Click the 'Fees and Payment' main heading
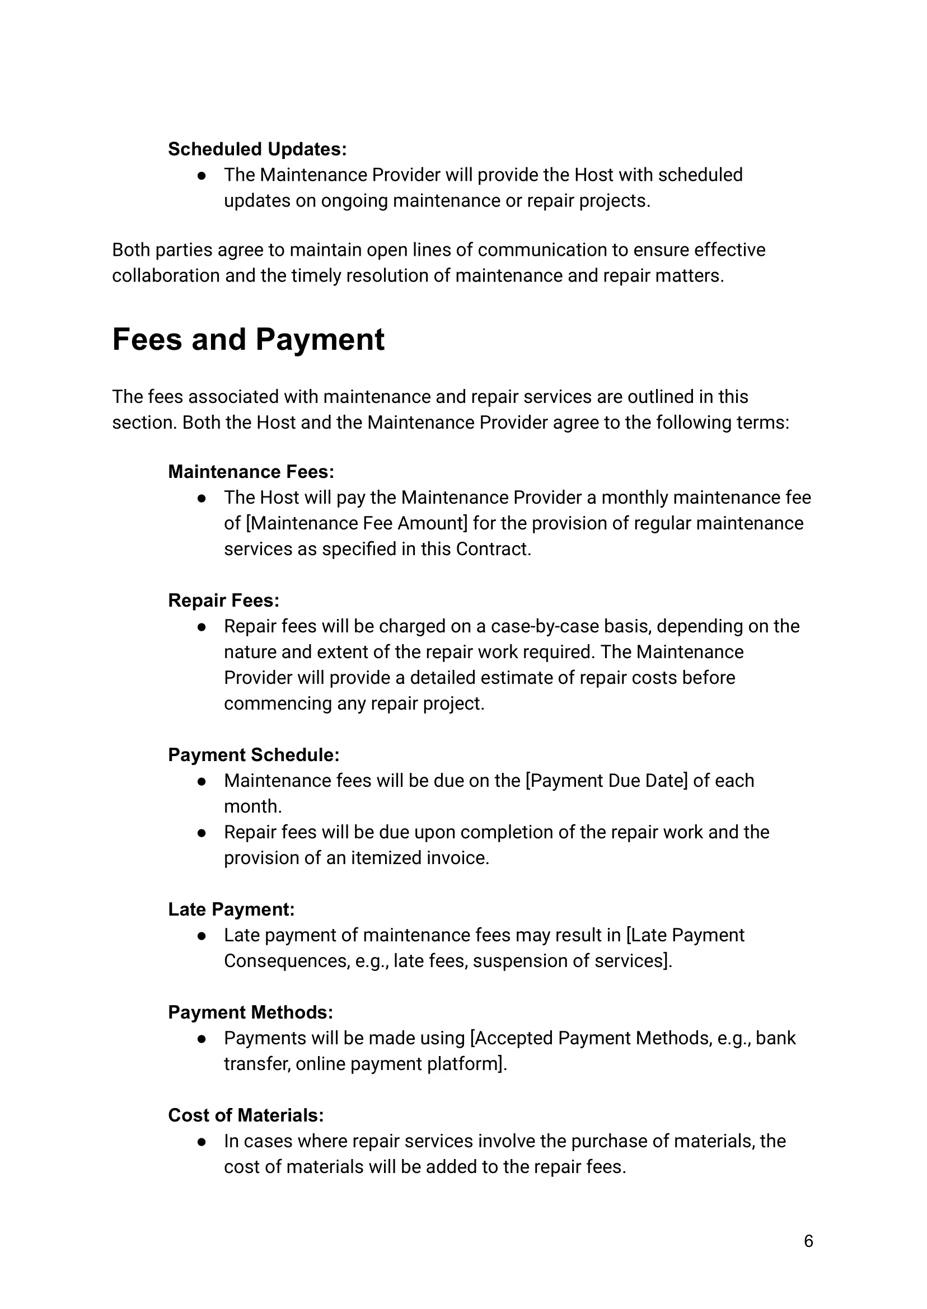[249, 340]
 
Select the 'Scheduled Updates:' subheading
[257, 149]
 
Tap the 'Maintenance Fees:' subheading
[251, 472]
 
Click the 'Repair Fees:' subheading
[223, 600]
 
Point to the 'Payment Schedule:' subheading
[254, 755]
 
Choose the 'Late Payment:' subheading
[231, 909]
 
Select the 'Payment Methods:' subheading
[250, 1012]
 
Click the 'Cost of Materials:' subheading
[245, 1115]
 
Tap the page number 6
[808, 1241]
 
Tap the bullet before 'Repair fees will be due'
[202, 833]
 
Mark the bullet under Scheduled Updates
[202, 176]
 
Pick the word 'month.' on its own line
[253, 806]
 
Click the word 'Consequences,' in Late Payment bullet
[287, 961]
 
